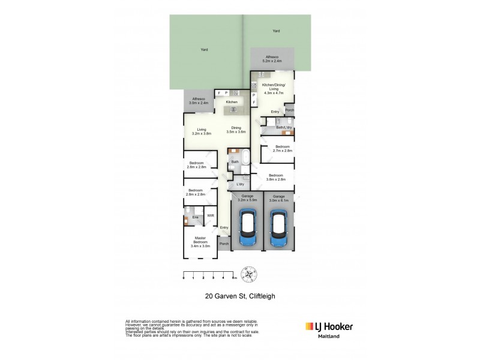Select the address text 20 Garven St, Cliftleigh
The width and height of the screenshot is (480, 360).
pos(239,295)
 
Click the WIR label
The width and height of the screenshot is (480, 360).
pos(210,215)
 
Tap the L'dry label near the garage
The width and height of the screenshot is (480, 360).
pos(240,184)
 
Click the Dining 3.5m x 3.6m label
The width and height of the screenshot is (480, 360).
pos(236,130)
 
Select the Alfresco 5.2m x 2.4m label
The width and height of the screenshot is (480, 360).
pos(272,58)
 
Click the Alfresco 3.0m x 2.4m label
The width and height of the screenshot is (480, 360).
pos(199,101)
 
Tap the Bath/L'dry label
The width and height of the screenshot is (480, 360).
pos(284,127)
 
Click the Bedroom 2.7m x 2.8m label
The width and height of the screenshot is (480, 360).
pos(282,149)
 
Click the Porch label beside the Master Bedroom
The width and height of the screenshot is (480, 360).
pos(224,244)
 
